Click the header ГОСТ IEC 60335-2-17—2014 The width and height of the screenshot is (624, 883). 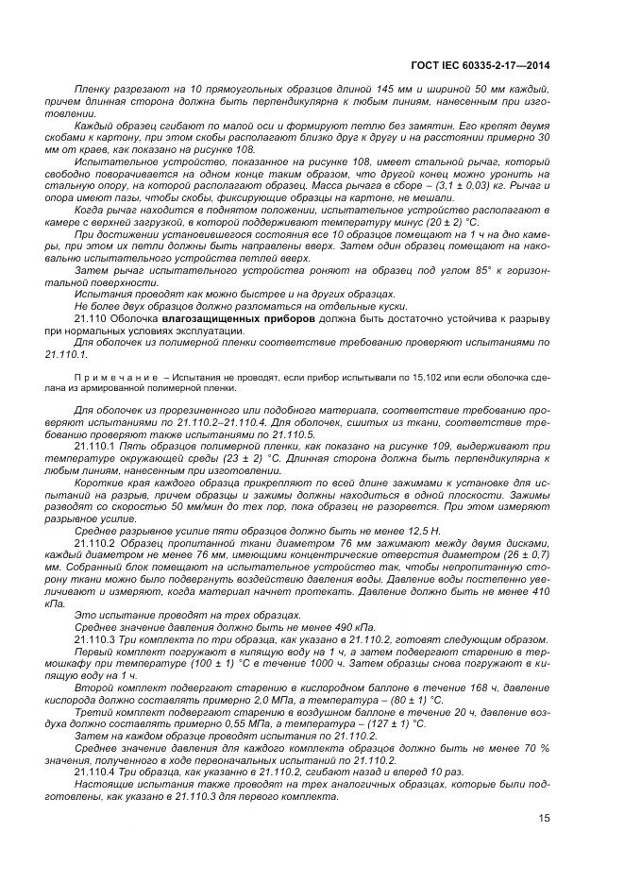pyautogui.click(x=481, y=65)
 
